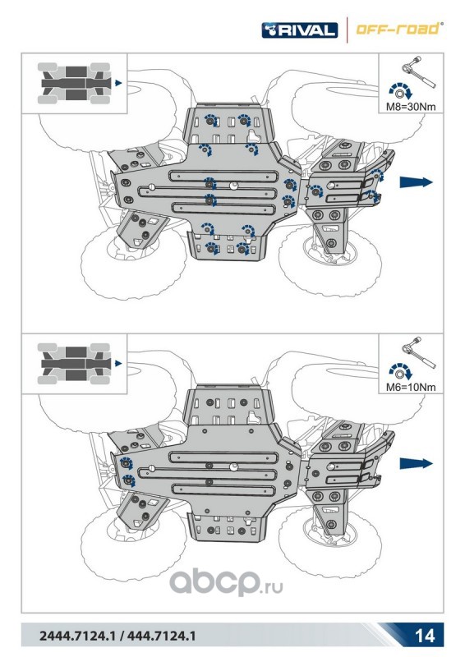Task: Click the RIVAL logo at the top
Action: [299, 30]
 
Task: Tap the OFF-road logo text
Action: [397, 30]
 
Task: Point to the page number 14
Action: [424, 636]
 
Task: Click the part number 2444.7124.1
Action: [76, 636]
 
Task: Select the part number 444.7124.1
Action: [161, 636]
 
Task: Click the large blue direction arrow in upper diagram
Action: [416, 181]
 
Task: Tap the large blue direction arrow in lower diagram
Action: [416, 463]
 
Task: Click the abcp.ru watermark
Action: [226, 583]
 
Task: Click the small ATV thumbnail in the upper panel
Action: [74, 83]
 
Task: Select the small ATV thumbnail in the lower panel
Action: [74, 364]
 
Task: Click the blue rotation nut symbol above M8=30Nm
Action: [400, 91]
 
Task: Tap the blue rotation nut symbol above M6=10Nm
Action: [400, 372]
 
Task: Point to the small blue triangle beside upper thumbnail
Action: [118, 83]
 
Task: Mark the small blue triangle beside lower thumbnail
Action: [118, 364]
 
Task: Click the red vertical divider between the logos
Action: [347, 30]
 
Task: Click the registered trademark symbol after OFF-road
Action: [440, 25]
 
